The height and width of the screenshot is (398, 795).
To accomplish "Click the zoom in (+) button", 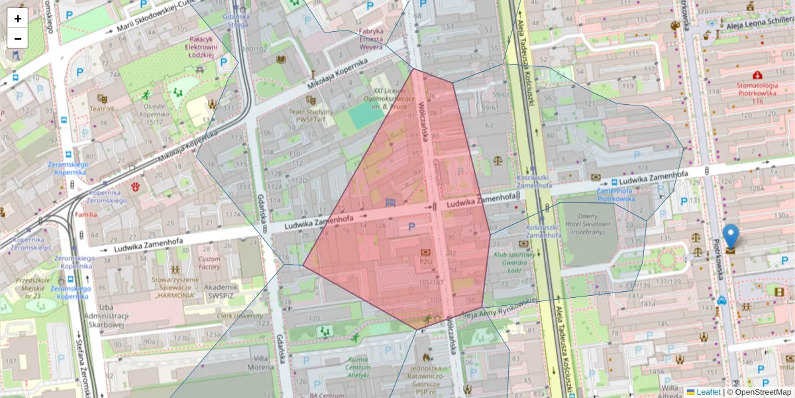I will (x=18, y=19).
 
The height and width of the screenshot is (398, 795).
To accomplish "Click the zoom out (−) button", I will (x=18, y=38).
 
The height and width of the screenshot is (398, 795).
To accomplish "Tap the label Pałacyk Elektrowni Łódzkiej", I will (x=201, y=47).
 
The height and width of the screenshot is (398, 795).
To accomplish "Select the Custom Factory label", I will (x=209, y=263).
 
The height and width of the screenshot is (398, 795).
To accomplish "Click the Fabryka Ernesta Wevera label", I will (x=371, y=38).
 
